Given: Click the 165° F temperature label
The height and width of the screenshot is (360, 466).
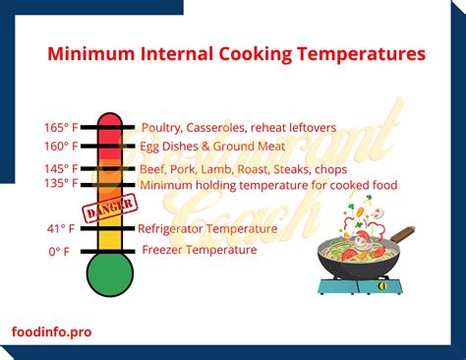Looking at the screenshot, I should point(59,128).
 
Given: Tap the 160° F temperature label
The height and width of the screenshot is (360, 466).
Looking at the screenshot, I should point(59,147).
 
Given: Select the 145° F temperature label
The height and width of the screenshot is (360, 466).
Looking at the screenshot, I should point(59,168).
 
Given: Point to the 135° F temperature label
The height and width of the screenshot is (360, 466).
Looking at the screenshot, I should point(59,183).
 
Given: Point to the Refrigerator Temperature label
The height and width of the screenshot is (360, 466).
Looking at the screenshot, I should point(206,228).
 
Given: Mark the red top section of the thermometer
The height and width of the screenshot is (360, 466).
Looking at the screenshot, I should point(109,128).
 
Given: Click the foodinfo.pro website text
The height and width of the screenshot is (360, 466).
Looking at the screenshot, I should point(53,332).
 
